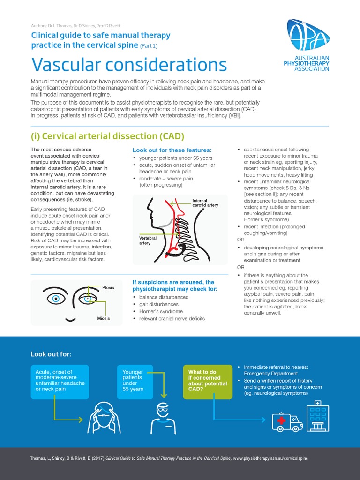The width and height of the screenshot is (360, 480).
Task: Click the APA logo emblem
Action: [x=308, y=35]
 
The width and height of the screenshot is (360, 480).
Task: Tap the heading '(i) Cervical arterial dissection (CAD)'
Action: [x=107, y=136]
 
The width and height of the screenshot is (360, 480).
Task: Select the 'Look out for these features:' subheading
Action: [x=172, y=150]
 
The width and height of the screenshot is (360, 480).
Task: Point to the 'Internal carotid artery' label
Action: [x=205, y=203]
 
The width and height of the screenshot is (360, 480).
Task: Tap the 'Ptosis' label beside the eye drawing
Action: [x=108, y=288]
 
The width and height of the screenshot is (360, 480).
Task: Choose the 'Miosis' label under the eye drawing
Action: [x=104, y=318]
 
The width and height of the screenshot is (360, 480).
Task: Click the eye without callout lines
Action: [x=56, y=298]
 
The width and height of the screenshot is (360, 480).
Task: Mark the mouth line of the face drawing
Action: [x=70, y=320]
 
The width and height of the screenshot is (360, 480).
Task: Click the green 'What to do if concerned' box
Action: [x=208, y=381]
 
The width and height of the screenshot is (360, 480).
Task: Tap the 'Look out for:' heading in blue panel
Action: [x=51, y=354]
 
